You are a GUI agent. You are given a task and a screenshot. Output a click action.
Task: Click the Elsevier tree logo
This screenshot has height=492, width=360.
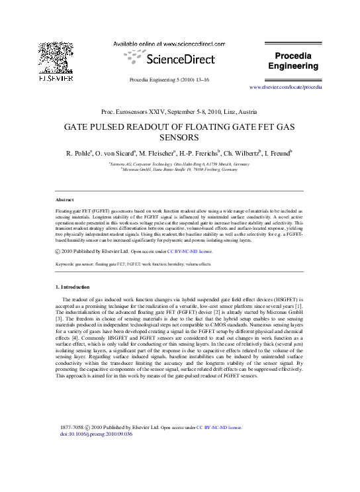point(52,55)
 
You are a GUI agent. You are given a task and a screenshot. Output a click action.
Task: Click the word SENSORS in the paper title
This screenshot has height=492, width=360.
point(180,138)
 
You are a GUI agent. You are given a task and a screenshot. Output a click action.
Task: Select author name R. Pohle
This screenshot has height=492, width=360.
point(81,153)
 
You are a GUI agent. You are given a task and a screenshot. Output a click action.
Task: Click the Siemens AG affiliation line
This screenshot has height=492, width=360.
point(179,162)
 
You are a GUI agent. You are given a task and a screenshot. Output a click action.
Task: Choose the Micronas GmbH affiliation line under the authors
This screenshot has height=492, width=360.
point(179,170)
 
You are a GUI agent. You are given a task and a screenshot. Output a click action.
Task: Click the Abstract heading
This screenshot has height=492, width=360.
point(64,199)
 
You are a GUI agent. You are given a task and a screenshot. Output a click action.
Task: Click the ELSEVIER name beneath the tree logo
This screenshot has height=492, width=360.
point(52,82)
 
